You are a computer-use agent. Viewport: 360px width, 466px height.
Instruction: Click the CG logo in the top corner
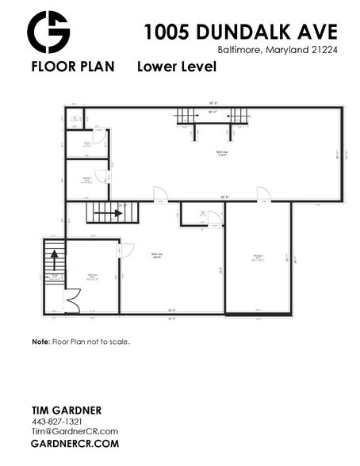48,32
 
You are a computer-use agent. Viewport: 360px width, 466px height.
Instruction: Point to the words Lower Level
177,67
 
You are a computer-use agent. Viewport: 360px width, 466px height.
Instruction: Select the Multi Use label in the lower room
157,255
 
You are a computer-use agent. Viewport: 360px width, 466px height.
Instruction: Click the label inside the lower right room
259,257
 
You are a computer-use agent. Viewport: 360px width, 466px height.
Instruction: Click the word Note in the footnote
40,342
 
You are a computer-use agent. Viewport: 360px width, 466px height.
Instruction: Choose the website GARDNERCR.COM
75,444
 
